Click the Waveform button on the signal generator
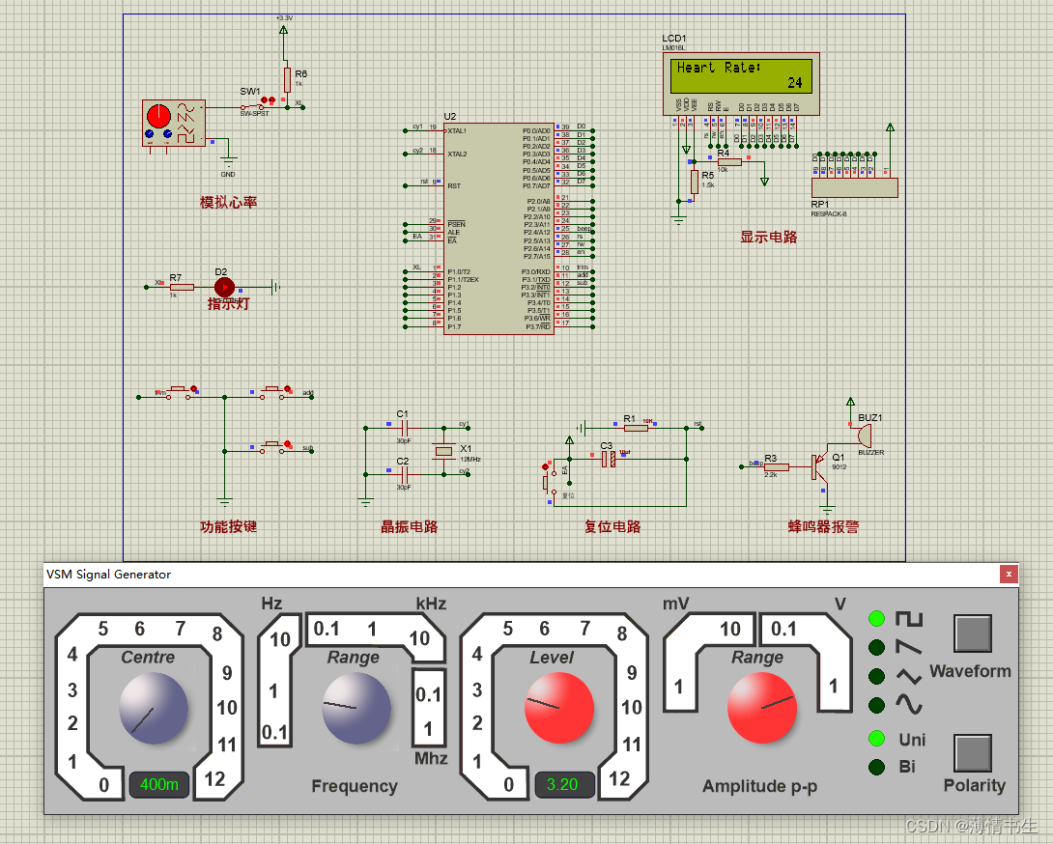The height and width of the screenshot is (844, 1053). click(x=973, y=633)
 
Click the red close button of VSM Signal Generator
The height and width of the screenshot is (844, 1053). click(x=1009, y=575)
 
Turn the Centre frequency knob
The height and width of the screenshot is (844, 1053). click(x=153, y=708)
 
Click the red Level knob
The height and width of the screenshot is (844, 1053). click(x=557, y=708)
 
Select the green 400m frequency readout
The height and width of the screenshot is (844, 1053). click(x=158, y=785)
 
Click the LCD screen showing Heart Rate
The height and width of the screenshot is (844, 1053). click(x=741, y=75)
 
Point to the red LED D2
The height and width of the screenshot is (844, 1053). click(x=224, y=286)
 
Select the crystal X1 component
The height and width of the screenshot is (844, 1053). click(x=443, y=450)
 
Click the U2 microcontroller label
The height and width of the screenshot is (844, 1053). click(x=450, y=116)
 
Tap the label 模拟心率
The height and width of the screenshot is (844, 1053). click(x=228, y=203)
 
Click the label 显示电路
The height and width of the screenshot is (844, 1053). click(x=768, y=237)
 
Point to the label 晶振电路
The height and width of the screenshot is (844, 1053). click(x=409, y=527)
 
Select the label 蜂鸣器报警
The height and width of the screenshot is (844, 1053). click(x=823, y=527)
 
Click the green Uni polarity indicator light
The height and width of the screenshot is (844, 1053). click(x=876, y=739)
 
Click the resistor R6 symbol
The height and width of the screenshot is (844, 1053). click(x=287, y=77)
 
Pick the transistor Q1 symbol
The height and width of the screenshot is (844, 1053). click(x=819, y=467)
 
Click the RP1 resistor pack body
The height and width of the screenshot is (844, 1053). click(x=854, y=187)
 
